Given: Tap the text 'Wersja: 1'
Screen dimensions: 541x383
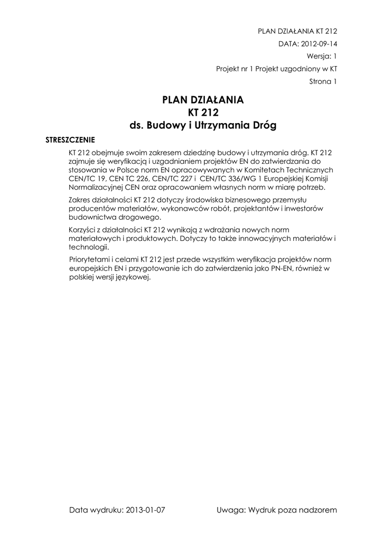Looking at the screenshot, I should tap(322, 56).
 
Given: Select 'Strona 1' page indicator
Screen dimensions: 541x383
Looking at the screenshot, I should tap(323, 81).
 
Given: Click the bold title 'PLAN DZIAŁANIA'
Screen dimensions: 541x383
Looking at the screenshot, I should tap(203, 100).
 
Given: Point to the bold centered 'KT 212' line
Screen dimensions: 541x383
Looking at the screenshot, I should tap(203, 113).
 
